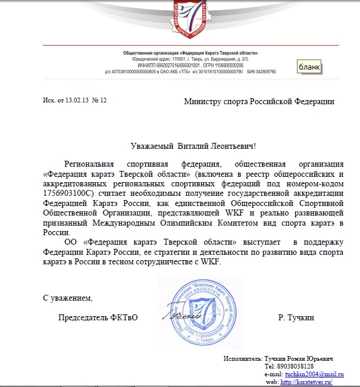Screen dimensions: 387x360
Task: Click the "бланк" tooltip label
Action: click(x=309, y=66)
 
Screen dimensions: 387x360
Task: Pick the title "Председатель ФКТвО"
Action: click(x=98, y=318)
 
